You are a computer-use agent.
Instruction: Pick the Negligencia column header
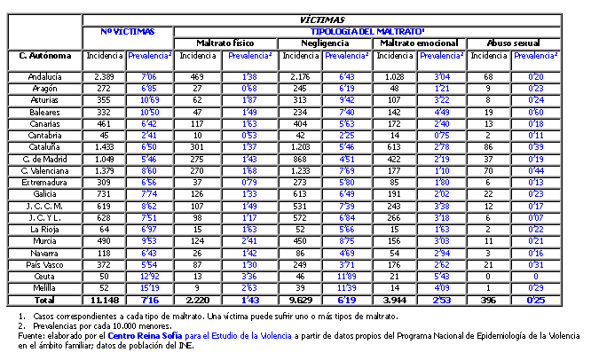point(326,43)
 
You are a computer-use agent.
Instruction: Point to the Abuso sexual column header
point(516,43)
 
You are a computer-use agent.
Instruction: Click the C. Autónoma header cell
point(43,56)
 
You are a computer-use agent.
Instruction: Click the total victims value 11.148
point(105,301)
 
